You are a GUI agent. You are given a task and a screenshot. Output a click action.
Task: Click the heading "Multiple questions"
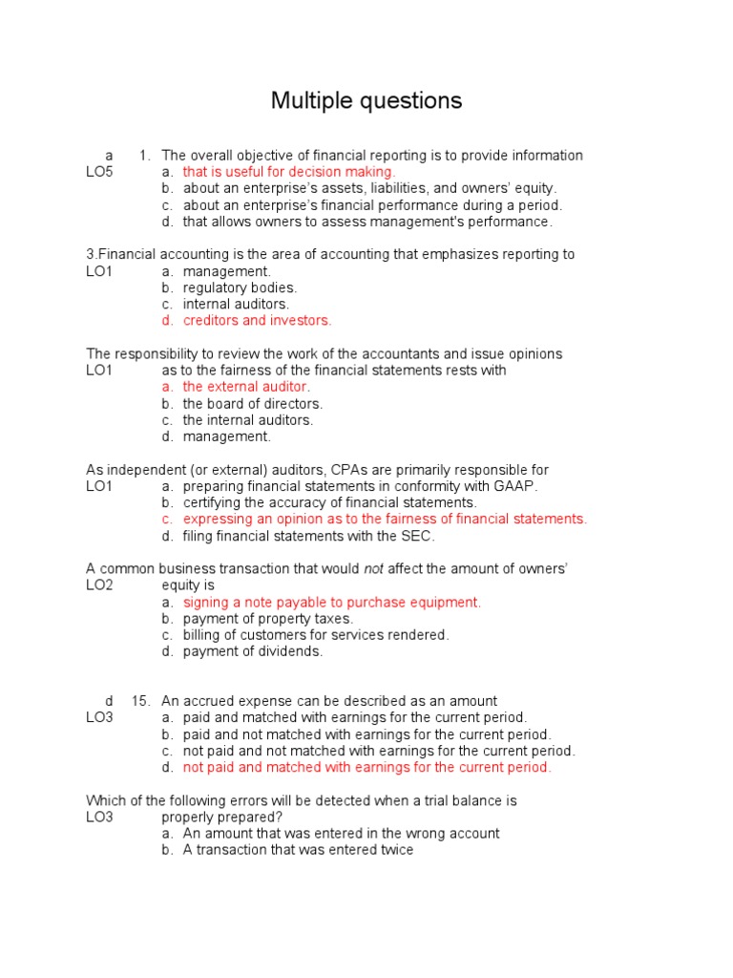tap(366, 101)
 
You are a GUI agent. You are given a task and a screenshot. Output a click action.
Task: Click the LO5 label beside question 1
tap(99, 172)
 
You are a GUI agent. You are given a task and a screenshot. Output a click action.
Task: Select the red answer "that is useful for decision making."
tap(288, 172)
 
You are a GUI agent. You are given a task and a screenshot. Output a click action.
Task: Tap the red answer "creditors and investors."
tap(257, 321)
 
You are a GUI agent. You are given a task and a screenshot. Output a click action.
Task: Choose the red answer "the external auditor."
tap(246, 387)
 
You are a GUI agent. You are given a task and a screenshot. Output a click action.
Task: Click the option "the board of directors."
tap(252, 403)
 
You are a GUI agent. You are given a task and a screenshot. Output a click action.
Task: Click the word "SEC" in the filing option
tap(417, 536)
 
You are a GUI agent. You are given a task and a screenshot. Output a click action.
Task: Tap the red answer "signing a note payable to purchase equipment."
tap(332, 603)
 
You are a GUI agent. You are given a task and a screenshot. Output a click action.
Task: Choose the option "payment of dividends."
tap(253, 651)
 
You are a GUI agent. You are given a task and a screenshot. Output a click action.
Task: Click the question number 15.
tap(141, 701)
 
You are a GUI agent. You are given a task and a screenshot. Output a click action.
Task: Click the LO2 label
tap(99, 585)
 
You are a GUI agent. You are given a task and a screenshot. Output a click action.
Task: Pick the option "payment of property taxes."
tap(267, 619)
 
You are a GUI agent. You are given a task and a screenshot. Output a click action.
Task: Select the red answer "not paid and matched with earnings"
tap(366, 767)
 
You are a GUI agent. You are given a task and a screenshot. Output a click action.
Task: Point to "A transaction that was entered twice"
tap(298, 850)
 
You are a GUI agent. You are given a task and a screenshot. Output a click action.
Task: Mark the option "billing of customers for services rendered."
tap(316, 635)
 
